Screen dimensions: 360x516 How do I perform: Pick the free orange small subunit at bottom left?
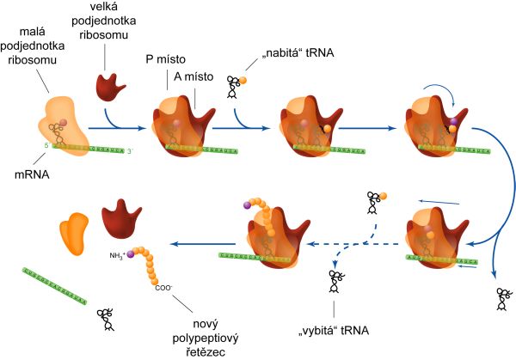(73, 233)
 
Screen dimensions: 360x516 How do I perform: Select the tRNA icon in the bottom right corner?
(501, 299)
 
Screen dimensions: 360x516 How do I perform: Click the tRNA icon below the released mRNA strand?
(107, 318)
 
